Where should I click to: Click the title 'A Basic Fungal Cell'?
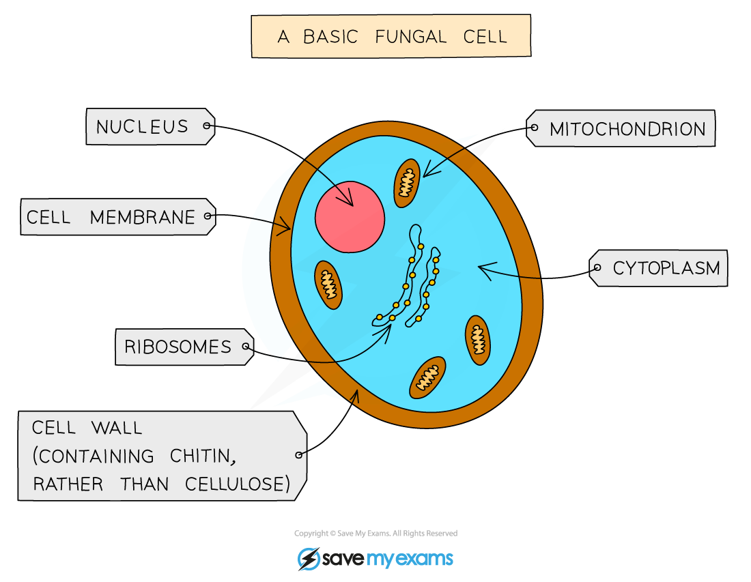pyautogui.click(x=391, y=36)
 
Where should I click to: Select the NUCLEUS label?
pyautogui.click(x=142, y=127)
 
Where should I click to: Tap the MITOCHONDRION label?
pyautogui.click(x=627, y=129)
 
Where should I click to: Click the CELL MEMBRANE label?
pyautogui.click(x=111, y=218)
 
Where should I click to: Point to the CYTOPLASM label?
pyautogui.click(x=666, y=269)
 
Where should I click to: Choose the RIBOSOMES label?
pyautogui.click(x=178, y=347)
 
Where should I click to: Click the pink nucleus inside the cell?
pyautogui.click(x=349, y=217)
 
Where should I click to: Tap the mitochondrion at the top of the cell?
pyautogui.click(x=407, y=183)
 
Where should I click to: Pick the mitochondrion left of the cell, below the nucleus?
pyautogui.click(x=328, y=285)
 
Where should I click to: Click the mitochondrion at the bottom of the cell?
pyautogui.click(x=427, y=377)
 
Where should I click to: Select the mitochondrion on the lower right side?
pyautogui.click(x=478, y=339)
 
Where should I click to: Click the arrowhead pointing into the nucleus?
pyautogui.click(x=350, y=201)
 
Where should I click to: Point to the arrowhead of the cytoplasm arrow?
pyautogui.click(x=482, y=270)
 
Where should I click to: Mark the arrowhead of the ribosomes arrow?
pyautogui.click(x=388, y=329)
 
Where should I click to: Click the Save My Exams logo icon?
pyautogui.click(x=309, y=559)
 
